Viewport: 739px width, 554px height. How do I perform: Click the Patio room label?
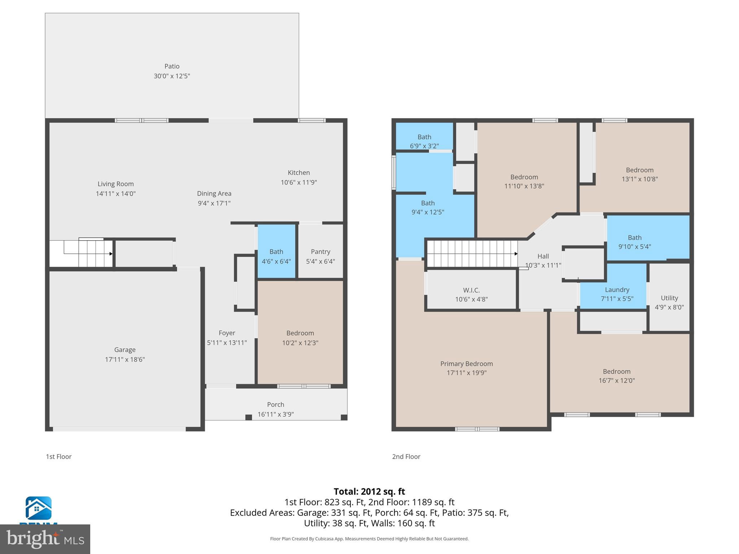pos(172,66)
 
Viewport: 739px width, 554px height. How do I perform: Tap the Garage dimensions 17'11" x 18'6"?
pos(125,359)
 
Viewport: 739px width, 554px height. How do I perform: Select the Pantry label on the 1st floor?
pos(320,252)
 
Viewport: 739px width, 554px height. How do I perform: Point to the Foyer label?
pos(227,333)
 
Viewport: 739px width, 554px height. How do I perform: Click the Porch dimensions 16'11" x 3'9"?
pos(276,414)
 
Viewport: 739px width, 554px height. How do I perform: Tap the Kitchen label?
pos(299,173)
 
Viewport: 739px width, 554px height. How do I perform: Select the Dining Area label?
pos(214,194)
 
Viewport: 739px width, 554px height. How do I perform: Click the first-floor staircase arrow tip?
pos(111,254)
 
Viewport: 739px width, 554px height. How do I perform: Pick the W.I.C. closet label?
pos(471,290)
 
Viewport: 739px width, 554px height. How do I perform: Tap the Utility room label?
pos(669,298)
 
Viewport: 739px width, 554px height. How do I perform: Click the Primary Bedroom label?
pos(466,364)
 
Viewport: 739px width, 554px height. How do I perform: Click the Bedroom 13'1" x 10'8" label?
pos(639,170)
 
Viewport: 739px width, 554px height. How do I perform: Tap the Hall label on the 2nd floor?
pos(543,256)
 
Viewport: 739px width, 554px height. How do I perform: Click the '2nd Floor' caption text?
pos(406,457)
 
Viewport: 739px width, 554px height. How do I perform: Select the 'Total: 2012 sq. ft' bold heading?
pos(369,492)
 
